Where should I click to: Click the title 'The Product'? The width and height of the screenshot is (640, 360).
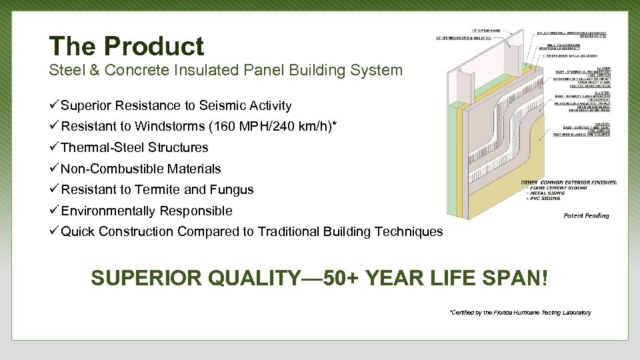click(126, 46)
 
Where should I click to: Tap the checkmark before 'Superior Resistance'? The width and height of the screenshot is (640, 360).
click(54, 105)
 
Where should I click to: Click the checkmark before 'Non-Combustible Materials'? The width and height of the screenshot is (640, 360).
click(54, 169)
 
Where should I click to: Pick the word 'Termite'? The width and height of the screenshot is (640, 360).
click(158, 190)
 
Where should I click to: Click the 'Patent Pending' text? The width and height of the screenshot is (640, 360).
click(586, 215)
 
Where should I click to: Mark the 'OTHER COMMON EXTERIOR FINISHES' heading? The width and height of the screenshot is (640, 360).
click(569, 182)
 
